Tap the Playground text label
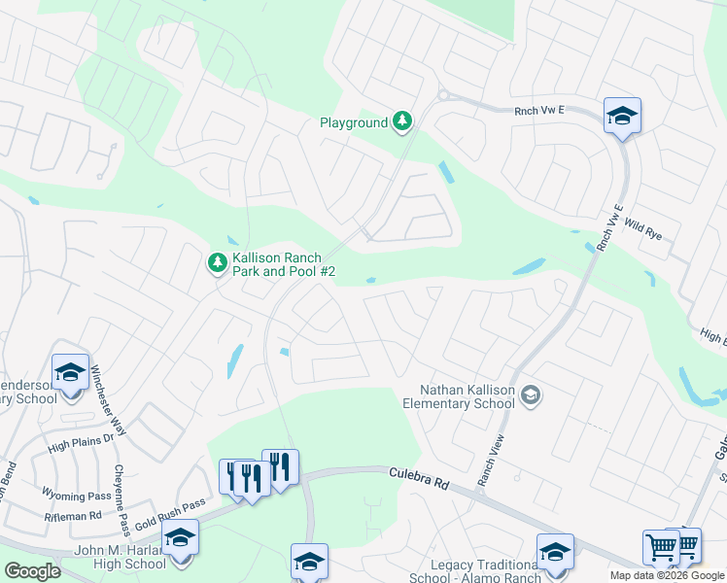coord(354,122)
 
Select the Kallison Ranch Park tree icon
coord(218,262)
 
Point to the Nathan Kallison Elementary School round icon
coord(531,394)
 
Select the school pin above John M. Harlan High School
coord(180,536)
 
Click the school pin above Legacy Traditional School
coord(556,551)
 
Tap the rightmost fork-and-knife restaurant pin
coord(280,467)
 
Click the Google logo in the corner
coord(31,571)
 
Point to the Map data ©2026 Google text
coord(668,575)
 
